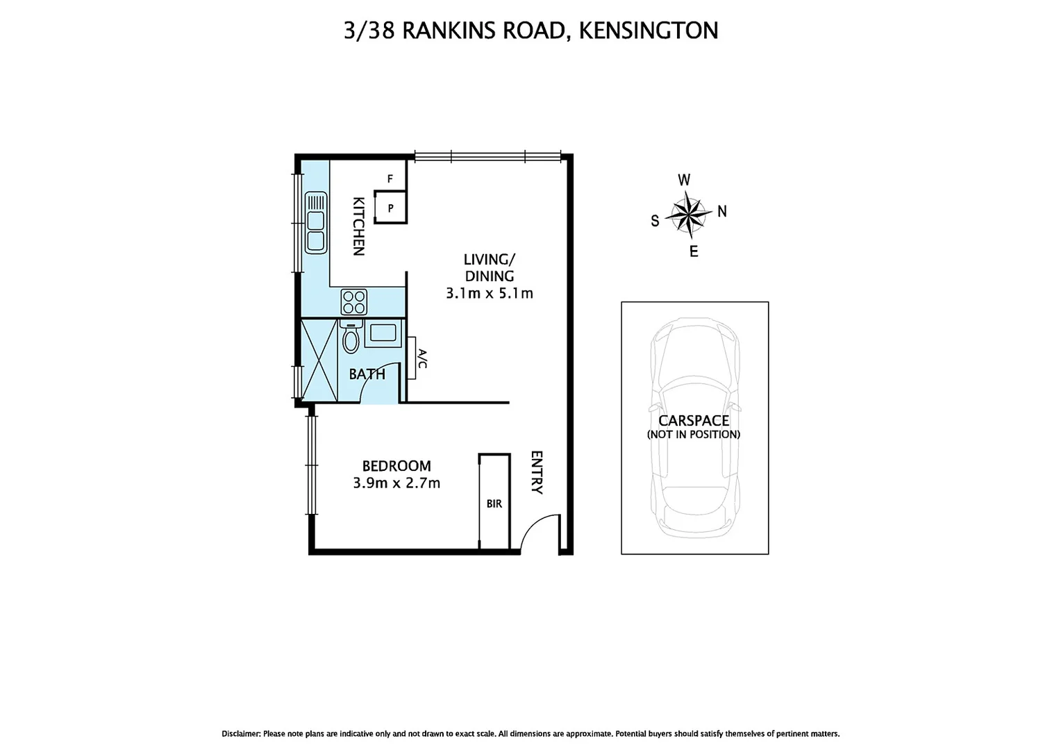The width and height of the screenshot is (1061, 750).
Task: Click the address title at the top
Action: (x=530, y=31)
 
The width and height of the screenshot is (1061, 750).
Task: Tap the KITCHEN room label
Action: (x=358, y=226)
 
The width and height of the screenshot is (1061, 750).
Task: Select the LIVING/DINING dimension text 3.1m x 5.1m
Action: (x=490, y=293)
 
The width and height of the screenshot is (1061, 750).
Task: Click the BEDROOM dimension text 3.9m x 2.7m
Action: (x=396, y=483)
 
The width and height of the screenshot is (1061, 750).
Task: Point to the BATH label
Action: (x=367, y=374)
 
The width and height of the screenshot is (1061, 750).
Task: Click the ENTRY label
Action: (x=537, y=472)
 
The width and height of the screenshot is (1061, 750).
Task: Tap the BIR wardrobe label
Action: (x=494, y=503)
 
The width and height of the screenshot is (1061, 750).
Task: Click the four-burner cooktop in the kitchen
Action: (x=354, y=302)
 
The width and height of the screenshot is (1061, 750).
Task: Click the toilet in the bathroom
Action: (x=351, y=338)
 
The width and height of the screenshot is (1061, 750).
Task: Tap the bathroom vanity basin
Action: (x=383, y=333)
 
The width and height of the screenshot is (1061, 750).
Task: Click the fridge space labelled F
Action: (x=390, y=179)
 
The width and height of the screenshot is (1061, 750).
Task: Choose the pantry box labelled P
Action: (x=390, y=208)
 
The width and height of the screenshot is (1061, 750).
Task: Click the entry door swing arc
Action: (x=538, y=531)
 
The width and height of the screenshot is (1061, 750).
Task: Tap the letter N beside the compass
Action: (x=722, y=211)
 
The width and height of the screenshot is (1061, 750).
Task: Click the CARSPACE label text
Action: (x=694, y=421)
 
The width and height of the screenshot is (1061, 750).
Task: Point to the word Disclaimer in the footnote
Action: (x=241, y=733)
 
